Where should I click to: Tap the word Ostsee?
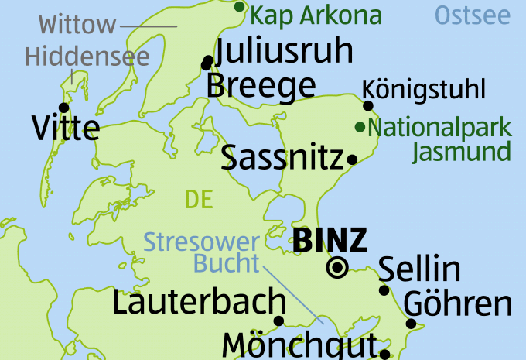(473, 14)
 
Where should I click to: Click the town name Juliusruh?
(285, 51)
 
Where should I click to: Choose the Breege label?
(261, 85)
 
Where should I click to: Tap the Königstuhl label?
(424, 90)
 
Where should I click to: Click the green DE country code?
(199, 200)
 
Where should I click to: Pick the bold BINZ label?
(330, 242)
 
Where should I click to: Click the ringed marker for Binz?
(337, 268)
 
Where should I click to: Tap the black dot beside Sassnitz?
(352, 160)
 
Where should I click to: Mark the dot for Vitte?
(63, 107)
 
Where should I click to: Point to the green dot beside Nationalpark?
(359, 126)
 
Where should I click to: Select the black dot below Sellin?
(384, 290)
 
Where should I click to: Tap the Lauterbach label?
(199, 302)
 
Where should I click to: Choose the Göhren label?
(458, 303)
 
